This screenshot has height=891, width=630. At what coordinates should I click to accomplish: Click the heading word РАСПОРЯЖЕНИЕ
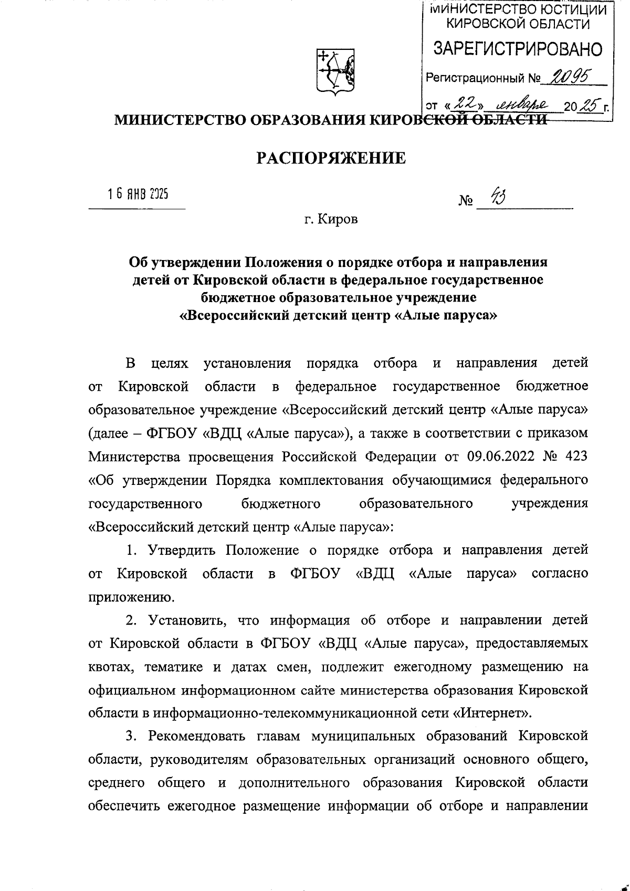tap(331, 158)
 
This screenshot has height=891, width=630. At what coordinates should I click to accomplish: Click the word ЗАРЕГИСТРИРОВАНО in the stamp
tap(518, 49)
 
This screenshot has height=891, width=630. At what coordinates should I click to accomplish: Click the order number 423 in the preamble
tap(576, 457)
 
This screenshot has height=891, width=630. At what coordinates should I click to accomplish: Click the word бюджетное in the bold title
tap(235, 298)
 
